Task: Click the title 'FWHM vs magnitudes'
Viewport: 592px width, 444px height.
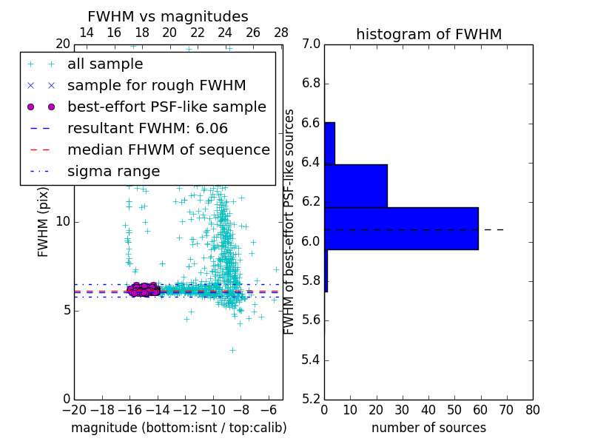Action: [x=168, y=16]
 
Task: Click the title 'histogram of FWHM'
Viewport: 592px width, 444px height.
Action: [x=428, y=34]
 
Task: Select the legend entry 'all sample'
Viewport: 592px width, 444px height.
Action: [x=105, y=64]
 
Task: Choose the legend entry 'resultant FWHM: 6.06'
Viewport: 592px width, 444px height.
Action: [x=147, y=128]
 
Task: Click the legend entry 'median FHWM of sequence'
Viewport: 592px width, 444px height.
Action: [x=168, y=149]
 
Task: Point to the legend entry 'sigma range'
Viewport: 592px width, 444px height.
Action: [x=113, y=171]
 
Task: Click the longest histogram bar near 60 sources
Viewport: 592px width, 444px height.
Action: [x=401, y=229]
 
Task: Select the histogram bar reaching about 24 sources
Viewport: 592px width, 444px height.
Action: [x=355, y=186]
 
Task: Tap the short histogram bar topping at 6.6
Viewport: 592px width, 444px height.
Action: [x=329, y=143]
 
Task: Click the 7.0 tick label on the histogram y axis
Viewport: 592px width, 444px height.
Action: [x=311, y=44]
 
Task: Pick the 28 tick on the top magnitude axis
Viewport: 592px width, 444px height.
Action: [x=281, y=33]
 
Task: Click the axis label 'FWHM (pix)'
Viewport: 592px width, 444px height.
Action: [x=44, y=222]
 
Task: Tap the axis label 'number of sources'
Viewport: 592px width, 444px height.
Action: [x=428, y=428]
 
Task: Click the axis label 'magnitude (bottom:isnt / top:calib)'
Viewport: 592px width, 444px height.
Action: [x=178, y=428]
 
